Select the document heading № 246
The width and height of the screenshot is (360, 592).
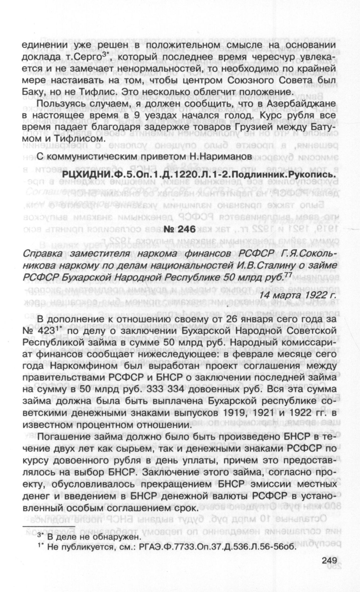[180, 229]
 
